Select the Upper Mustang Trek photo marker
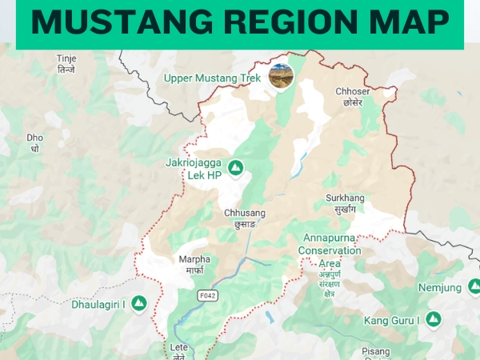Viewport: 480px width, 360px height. (x=281, y=76)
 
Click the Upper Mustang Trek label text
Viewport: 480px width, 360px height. (x=212, y=78)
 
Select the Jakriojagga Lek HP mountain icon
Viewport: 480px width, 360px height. (x=235, y=167)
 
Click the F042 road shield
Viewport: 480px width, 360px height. (x=208, y=295)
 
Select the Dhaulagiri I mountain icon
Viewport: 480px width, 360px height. (x=139, y=304)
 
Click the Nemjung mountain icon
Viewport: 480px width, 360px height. (x=474, y=287)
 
